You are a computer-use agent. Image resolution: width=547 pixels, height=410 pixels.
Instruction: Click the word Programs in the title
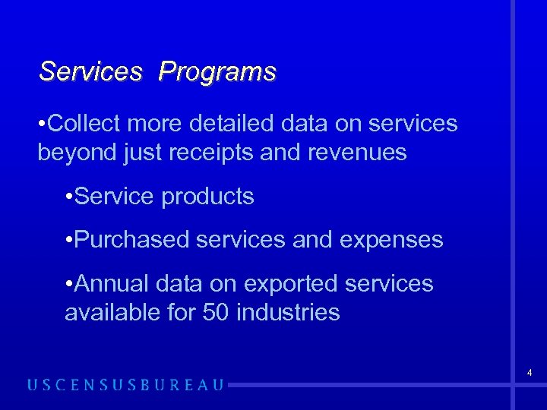point(217,72)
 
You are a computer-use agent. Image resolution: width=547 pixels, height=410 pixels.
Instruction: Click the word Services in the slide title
point(90,72)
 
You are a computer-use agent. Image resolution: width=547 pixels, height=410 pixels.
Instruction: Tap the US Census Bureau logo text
point(126,385)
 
